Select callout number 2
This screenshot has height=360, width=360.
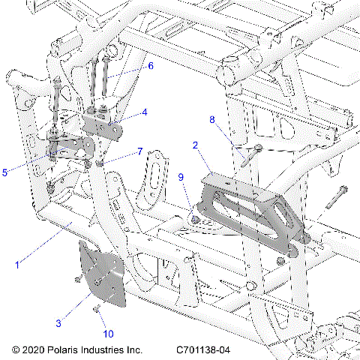195,145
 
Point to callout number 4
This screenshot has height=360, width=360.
145,113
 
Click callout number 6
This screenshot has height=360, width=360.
150,66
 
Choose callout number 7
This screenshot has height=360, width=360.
139,151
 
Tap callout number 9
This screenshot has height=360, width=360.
181,177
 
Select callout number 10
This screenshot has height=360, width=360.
108,334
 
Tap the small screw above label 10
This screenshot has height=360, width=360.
97,308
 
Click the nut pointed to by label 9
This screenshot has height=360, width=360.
194,220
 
